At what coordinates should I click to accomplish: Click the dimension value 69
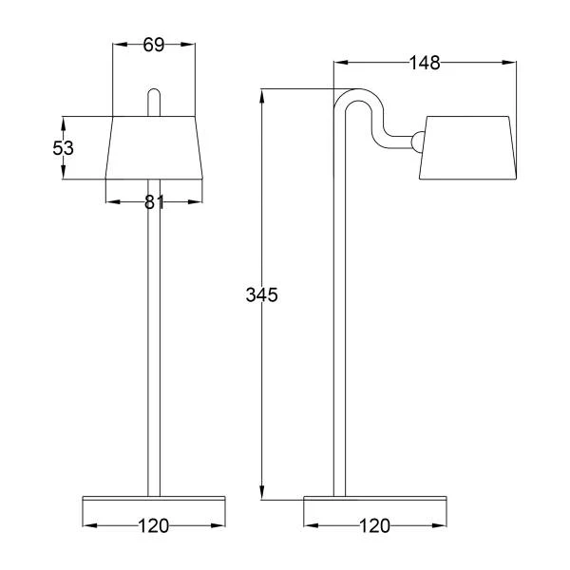pyautogui.click(x=153, y=45)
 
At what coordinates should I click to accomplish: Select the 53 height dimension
pyautogui.click(x=63, y=148)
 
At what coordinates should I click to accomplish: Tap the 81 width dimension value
pyautogui.click(x=154, y=202)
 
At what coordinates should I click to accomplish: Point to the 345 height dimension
pyautogui.click(x=262, y=294)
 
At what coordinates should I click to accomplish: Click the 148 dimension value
pyautogui.click(x=425, y=63)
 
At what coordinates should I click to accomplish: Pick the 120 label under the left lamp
pyautogui.click(x=153, y=525)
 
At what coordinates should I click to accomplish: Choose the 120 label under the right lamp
pyautogui.click(x=375, y=525)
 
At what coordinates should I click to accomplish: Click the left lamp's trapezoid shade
pyautogui.click(x=154, y=147)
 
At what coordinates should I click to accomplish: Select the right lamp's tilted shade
pyautogui.click(x=467, y=147)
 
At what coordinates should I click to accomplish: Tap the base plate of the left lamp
pyautogui.click(x=154, y=498)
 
